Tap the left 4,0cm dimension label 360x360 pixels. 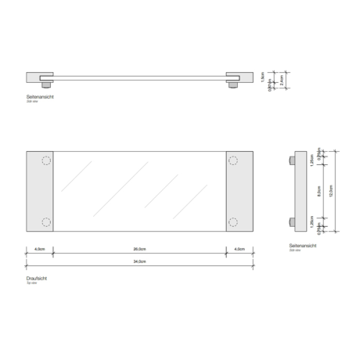point(39,249)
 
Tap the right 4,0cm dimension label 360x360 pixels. point(240,249)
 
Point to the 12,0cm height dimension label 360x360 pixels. point(332,189)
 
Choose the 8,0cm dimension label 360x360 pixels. point(320,189)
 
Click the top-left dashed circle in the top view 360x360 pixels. point(45,162)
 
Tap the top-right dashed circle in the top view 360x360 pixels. point(233,162)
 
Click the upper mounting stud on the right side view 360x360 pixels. point(292,160)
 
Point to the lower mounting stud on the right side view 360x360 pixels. point(292,221)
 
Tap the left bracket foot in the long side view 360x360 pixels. point(48,82)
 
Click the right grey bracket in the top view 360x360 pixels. point(239,191)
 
